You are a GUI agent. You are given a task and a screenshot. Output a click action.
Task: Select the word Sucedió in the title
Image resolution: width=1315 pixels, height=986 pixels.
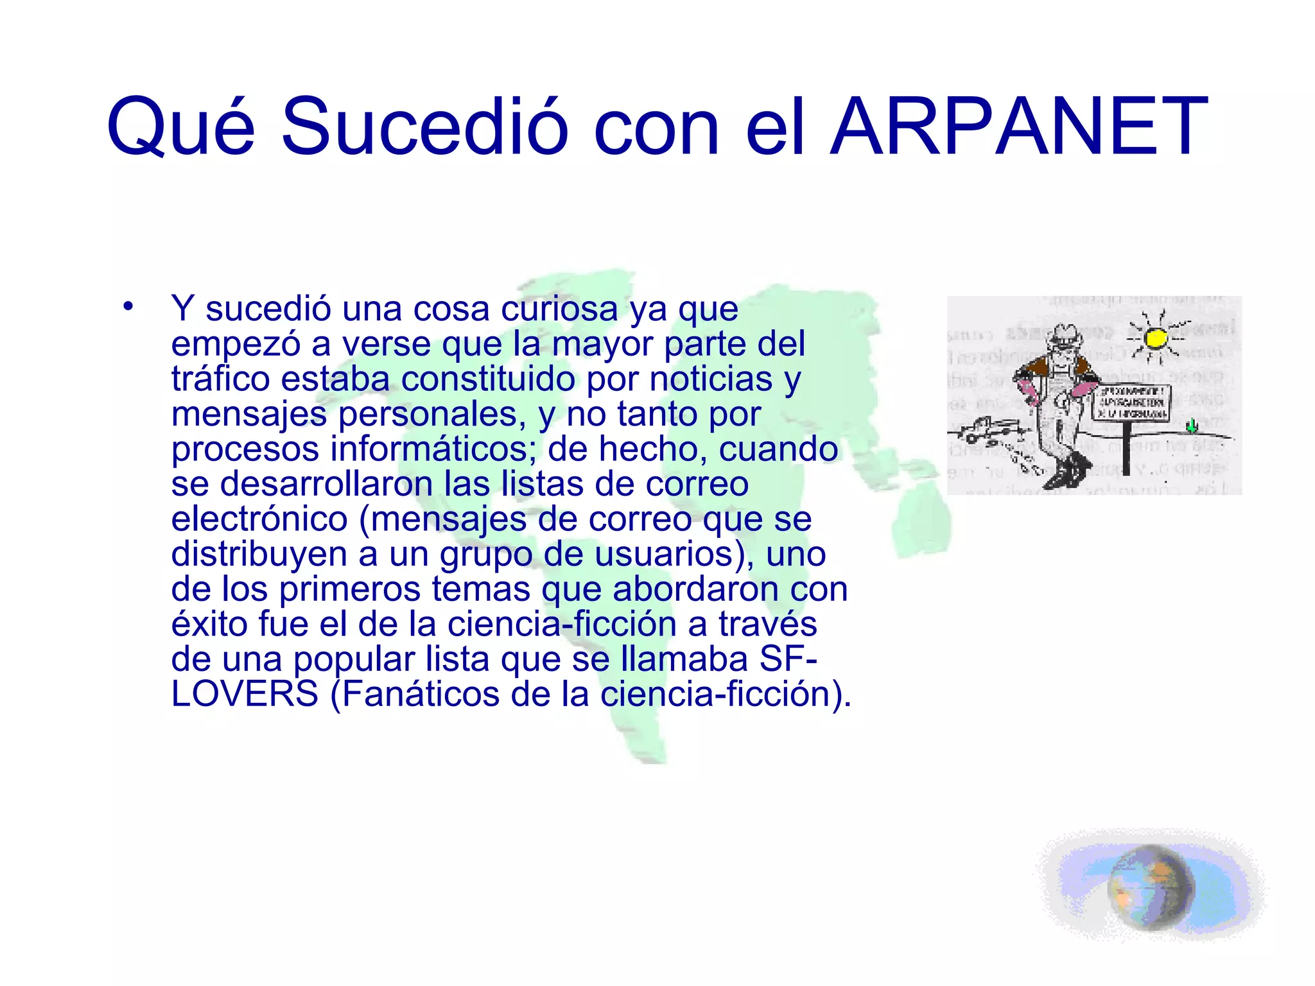424,126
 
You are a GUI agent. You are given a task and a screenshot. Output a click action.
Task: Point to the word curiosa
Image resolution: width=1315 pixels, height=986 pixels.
559,309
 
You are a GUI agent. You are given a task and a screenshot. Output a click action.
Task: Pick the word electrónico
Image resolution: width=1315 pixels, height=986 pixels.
259,519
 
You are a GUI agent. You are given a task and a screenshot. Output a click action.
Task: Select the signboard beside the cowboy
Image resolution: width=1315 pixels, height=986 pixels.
1131,402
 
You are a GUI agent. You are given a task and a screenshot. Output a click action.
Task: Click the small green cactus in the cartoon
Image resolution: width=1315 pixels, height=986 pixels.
1192,425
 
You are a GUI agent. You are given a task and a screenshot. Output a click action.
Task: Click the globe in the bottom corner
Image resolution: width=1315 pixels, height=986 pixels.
1151,888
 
